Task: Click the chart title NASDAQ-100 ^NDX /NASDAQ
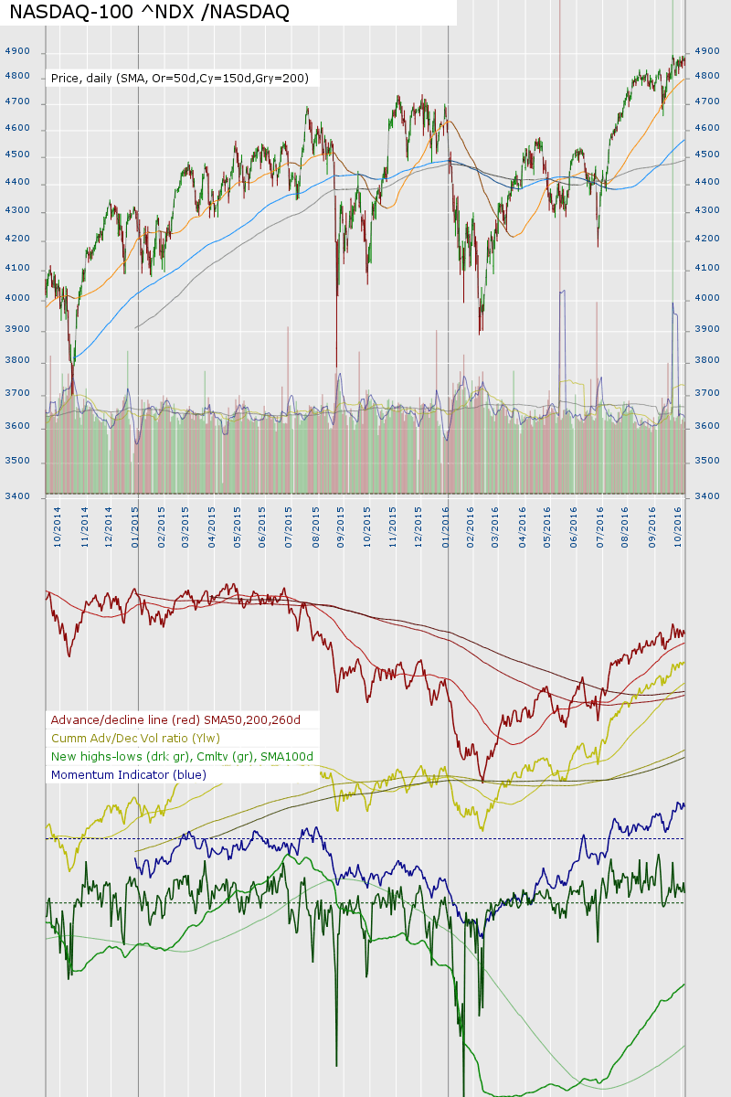coord(149,12)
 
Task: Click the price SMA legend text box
coord(180,79)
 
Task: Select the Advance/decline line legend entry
coord(176,719)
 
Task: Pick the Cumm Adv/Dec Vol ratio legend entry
coord(136,738)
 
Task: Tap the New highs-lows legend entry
coord(183,756)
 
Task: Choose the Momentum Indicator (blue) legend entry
coord(129,774)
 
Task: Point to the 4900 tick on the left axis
coord(17,52)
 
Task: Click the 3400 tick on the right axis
coord(708,496)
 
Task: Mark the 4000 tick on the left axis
coord(17,298)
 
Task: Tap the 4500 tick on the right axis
coord(708,155)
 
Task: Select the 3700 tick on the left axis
coord(17,394)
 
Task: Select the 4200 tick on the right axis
coord(708,240)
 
